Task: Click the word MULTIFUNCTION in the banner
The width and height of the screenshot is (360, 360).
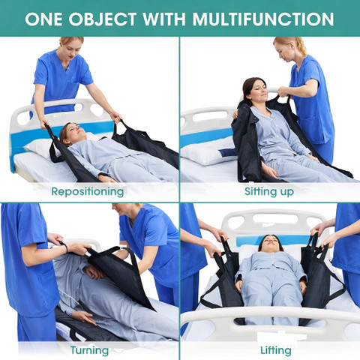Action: (x=263, y=19)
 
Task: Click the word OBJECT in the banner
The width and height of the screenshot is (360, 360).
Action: (x=103, y=19)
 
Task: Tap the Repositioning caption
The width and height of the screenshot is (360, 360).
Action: (x=88, y=192)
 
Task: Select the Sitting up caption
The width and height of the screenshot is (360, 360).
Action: (x=269, y=191)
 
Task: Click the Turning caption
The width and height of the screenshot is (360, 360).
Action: (x=89, y=350)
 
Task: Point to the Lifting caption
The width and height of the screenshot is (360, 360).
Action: (x=276, y=350)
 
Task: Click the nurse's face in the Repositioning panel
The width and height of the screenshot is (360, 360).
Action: (x=70, y=49)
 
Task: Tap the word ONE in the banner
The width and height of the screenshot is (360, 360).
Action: (x=43, y=19)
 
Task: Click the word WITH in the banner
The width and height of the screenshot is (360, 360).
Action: (x=164, y=19)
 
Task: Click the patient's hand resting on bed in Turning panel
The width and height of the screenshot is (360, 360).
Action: (x=85, y=317)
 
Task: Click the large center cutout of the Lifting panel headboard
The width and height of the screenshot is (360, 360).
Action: (x=275, y=218)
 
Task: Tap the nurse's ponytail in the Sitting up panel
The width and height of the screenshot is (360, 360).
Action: (x=301, y=46)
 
